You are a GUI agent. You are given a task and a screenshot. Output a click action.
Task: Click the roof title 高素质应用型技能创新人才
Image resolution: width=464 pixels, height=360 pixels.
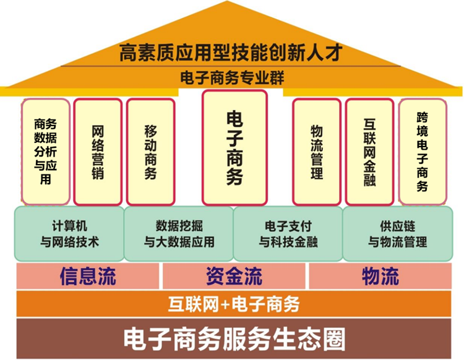pos(230,52)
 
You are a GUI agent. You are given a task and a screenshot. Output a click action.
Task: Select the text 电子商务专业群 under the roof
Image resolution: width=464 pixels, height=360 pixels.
pos(231,79)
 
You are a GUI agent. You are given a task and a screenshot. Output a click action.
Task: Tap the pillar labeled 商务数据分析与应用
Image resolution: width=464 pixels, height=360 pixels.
pos(46,152)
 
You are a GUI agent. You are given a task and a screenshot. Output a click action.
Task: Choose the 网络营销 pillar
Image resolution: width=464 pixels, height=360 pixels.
pos(98,152)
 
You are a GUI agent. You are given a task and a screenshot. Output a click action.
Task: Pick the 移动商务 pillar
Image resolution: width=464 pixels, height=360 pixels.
pos(150,152)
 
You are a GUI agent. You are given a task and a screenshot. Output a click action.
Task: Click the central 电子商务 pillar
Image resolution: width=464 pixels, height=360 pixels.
pos(234,148)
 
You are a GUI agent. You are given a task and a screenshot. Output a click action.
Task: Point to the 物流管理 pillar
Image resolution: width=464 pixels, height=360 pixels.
pos(317,152)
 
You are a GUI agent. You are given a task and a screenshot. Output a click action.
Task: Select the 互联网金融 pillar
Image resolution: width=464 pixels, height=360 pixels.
pos(369,152)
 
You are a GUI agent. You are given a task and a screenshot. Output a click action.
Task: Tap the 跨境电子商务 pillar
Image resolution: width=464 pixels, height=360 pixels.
pos(422,152)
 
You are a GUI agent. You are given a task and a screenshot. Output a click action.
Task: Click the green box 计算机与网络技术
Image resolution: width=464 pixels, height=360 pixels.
pos(69,233)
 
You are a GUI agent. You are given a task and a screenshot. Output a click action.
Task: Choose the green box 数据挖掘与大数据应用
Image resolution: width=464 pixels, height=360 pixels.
pos(179,233)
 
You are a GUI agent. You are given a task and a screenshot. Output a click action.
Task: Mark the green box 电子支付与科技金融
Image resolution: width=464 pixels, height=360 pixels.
pos(288,233)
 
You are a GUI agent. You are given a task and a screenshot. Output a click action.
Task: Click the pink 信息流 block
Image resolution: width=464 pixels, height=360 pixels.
pos(88,276)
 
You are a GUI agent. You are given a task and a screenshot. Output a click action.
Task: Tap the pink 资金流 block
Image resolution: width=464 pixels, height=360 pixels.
pos(234,276)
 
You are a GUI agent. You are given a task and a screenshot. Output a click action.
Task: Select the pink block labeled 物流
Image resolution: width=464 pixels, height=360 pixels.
pos(380,276)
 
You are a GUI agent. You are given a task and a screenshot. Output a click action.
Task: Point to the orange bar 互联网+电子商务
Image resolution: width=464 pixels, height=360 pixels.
pos(234,304)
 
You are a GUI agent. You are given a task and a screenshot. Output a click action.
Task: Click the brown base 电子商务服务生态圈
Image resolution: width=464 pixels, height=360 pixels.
pos(234,338)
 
